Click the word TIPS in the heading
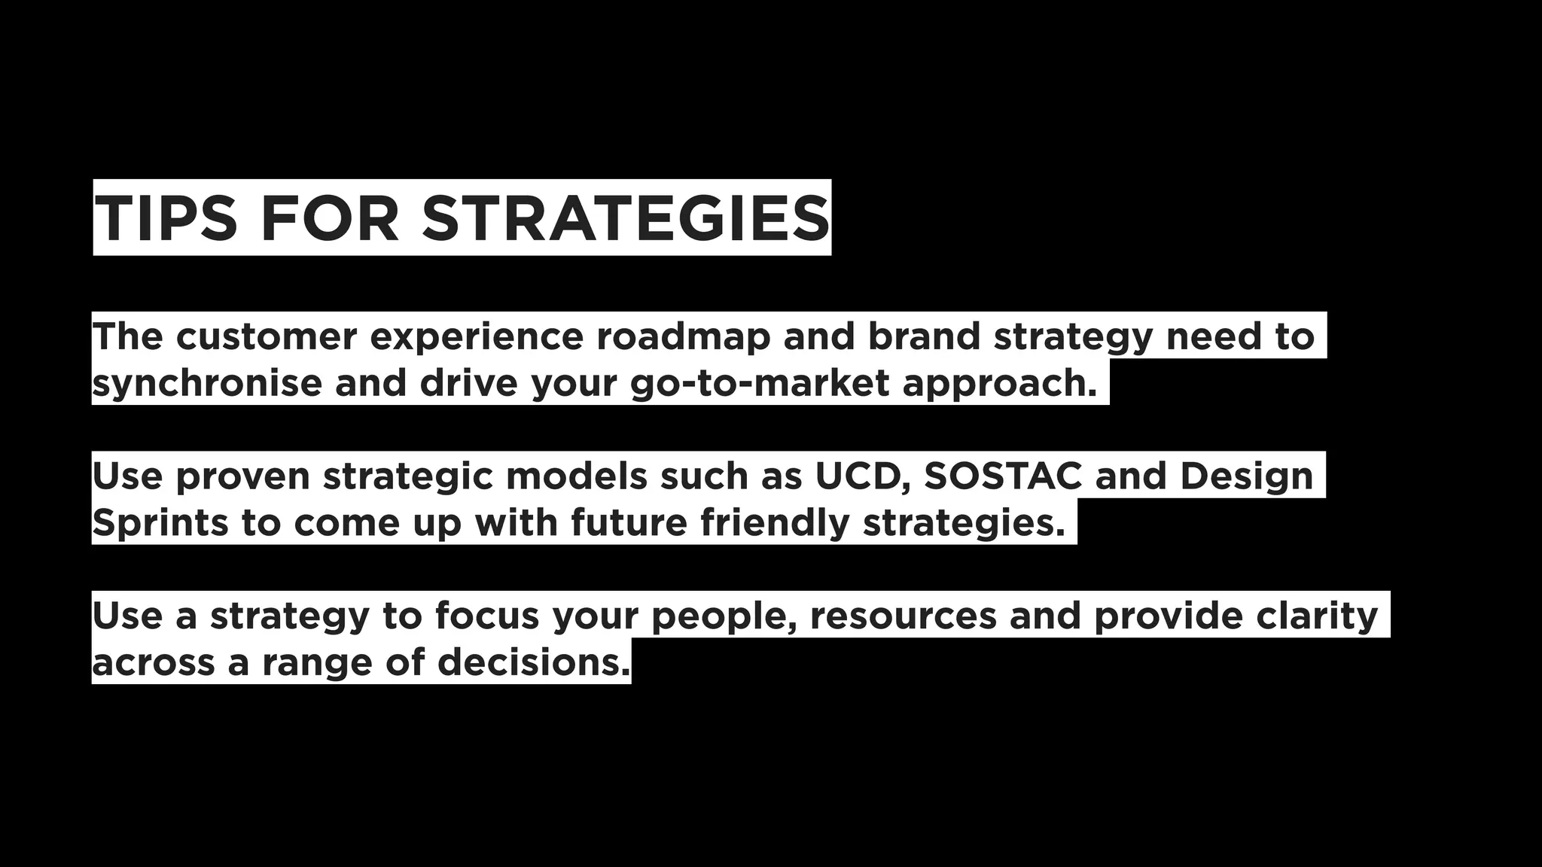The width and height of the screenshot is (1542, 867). click(x=166, y=218)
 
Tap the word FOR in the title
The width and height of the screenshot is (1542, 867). click(x=329, y=218)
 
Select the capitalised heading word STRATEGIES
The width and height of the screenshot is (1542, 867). click(x=625, y=218)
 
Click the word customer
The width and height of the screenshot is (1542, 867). click(x=266, y=336)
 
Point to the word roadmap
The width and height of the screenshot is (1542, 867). click(x=684, y=336)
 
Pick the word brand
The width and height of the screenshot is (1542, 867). click(x=924, y=336)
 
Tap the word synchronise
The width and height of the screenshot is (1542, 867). click(x=207, y=383)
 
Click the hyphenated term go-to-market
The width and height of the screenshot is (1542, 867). click(x=760, y=383)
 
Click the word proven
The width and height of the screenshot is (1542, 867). click(x=242, y=476)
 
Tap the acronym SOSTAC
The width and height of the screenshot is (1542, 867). click(x=1003, y=476)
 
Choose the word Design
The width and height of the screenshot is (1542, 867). click(x=1246, y=476)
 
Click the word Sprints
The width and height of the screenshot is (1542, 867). click(x=160, y=523)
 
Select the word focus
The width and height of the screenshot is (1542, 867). click(x=487, y=616)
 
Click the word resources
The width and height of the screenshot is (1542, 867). click(x=903, y=616)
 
